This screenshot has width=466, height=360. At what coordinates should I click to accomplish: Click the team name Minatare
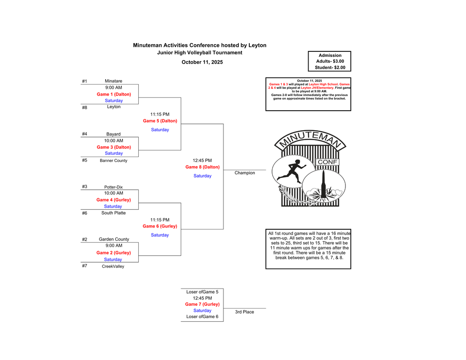click(113, 81)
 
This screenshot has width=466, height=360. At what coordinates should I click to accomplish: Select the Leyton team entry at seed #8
click(114, 107)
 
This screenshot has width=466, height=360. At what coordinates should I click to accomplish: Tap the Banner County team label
click(113, 161)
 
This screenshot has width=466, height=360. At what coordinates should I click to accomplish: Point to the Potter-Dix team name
click(113, 187)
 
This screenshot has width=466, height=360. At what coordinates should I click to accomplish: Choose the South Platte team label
click(113, 213)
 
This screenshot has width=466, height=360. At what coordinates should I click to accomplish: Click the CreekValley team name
click(113, 266)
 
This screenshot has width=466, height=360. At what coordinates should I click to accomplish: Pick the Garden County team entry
click(114, 239)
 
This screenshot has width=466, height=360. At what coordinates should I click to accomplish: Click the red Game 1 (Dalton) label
click(114, 94)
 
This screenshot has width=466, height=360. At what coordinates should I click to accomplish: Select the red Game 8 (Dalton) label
click(203, 167)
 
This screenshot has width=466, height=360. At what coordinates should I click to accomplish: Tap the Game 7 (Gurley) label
click(202, 304)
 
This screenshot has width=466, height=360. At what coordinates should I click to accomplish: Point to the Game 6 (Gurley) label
click(160, 226)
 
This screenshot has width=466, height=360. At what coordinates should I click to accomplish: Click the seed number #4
click(85, 134)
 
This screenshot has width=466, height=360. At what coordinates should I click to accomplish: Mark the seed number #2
click(85, 239)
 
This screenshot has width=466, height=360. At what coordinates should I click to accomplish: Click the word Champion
click(245, 173)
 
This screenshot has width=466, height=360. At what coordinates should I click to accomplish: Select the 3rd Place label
click(244, 312)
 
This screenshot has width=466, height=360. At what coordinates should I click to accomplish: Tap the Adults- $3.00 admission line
click(330, 61)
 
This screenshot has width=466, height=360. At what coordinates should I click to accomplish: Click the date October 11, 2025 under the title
click(202, 62)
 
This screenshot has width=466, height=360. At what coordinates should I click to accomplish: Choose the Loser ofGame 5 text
click(202, 292)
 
